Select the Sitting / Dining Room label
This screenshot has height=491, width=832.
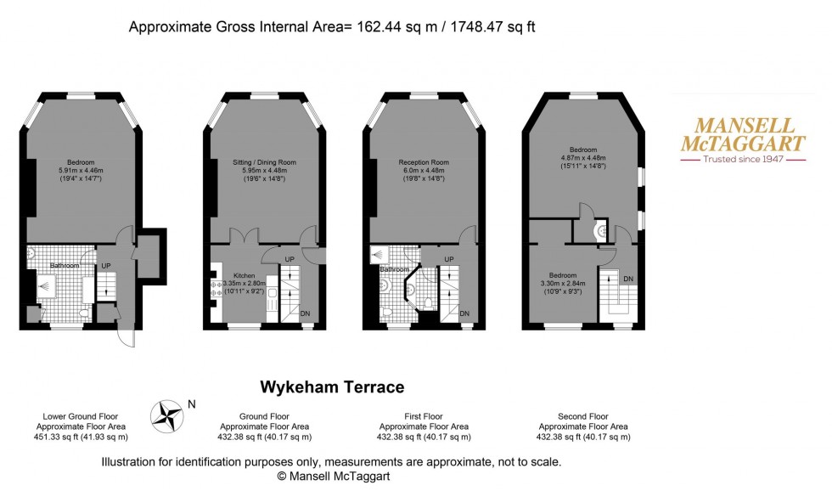[264, 161]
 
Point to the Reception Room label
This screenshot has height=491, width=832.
[424, 161]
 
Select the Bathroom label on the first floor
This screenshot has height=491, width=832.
[393, 269]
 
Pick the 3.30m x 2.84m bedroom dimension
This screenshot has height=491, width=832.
[562, 284]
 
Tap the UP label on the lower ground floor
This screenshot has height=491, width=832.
[105, 265]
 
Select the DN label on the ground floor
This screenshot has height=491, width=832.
[305, 313]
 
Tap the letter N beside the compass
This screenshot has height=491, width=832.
[192, 404]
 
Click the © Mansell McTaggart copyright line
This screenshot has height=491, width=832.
[330, 477]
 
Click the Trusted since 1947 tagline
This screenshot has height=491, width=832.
[744, 159]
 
